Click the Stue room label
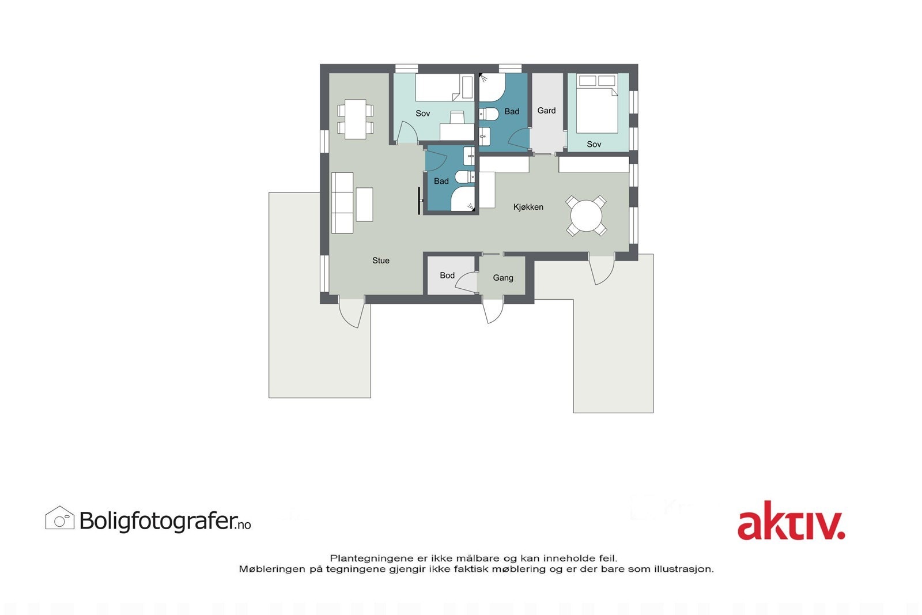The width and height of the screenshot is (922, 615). (381, 261)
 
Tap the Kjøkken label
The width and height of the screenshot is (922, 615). (528, 207)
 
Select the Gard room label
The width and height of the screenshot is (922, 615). (546, 111)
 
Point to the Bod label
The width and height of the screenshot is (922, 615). (447, 276)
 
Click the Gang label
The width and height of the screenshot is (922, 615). (502, 278)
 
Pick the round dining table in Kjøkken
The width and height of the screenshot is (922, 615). (586, 216)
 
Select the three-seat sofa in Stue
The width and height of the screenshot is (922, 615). (342, 202)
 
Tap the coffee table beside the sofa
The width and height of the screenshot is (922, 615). (364, 204)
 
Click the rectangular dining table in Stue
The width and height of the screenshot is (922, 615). (356, 119)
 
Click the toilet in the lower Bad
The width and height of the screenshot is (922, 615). (464, 176)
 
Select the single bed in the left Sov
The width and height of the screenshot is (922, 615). (444, 88)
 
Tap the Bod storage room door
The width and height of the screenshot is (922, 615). (467, 282)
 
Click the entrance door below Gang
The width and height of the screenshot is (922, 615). (493, 311)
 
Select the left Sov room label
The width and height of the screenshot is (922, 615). (422, 114)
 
